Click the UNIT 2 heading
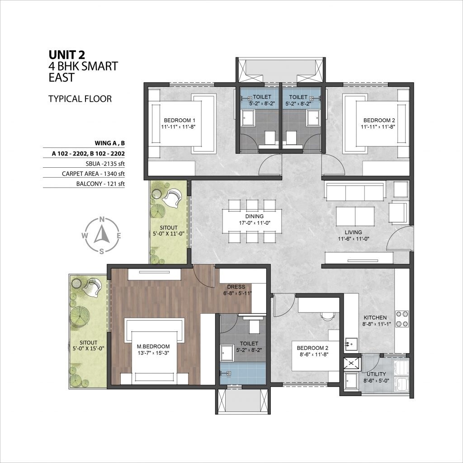[x=69, y=55]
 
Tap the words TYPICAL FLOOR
[x=80, y=99]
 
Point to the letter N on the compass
[x=102, y=220]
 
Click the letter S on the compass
[x=102, y=251]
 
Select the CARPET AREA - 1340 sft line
[x=94, y=173]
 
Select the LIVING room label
[x=353, y=232]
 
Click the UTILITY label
[x=376, y=374]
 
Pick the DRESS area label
[x=236, y=287]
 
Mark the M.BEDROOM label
[x=153, y=347]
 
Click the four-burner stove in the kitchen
[x=402, y=319]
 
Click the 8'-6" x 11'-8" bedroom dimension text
[x=312, y=355]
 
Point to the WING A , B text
[x=109, y=143]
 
